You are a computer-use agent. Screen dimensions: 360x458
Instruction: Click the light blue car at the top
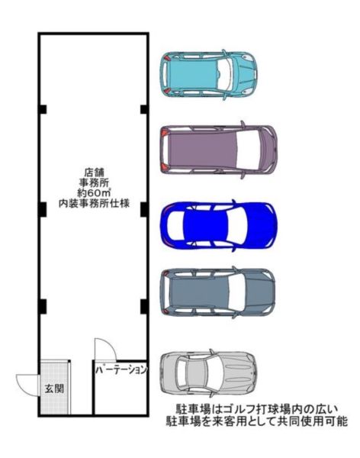click(x=208, y=75)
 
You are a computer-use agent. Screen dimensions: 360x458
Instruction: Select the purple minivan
click(x=218, y=150)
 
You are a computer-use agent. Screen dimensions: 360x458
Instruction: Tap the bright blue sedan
click(x=218, y=224)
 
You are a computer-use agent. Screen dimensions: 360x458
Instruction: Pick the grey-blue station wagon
click(x=217, y=292)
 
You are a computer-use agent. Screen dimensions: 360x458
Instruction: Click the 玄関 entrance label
click(x=54, y=389)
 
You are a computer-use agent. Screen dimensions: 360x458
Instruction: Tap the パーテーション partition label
click(x=121, y=370)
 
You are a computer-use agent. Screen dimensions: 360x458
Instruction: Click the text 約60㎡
click(x=94, y=193)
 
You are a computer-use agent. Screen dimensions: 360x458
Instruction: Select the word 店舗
click(x=94, y=173)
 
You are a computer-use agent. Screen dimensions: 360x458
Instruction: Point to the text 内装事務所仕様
click(x=94, y=203)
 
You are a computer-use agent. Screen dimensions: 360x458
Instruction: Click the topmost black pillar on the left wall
click(x=43, y=109)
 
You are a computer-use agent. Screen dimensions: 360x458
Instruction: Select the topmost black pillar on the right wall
click(x=144, y=109)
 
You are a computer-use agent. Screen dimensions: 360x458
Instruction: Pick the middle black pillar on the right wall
click(x=144, y=209)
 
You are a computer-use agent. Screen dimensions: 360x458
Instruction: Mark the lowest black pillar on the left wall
click(x=43, y=306)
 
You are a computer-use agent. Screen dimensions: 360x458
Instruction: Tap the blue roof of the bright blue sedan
click(x=205, y=224)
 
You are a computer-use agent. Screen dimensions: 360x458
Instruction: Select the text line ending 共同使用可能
click(x=256, y=421)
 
